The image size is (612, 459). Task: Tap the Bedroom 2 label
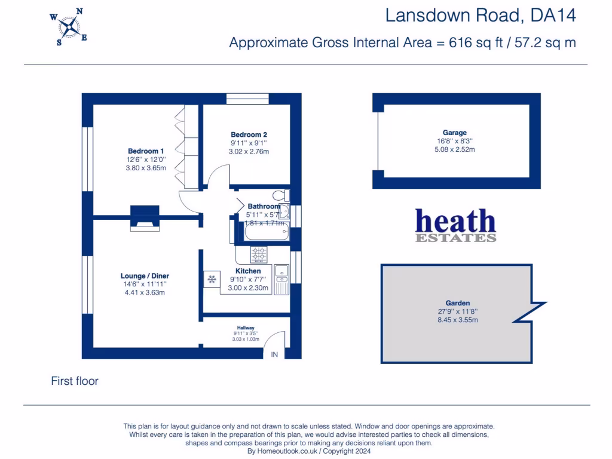coord(249,134)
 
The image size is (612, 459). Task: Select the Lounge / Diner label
coord(145,276)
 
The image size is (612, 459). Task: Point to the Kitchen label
coord(248,271)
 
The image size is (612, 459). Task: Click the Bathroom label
coord(264,207)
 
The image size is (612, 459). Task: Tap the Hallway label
coord(246,328)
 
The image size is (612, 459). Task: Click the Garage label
coord(454,133)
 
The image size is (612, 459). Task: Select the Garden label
coord(457,303)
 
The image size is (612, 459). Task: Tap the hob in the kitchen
coord(259,255)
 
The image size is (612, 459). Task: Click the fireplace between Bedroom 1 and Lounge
coord(145,216)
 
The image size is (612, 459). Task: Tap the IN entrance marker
coord(275,355)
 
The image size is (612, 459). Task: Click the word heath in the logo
coord(455,221)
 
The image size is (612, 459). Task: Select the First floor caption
coord(75,381)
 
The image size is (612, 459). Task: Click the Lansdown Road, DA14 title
coord(481,16)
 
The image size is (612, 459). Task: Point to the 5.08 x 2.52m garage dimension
coord(454,149)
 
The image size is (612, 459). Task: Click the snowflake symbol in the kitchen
coord(212,279)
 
